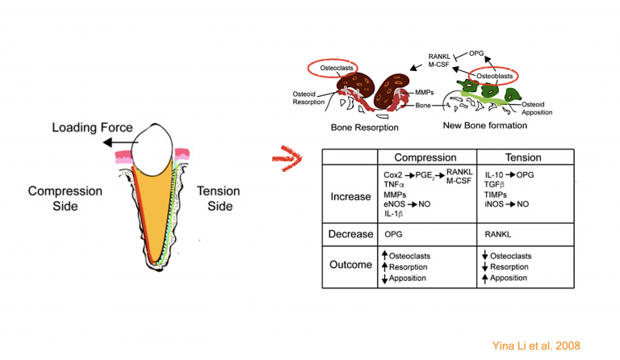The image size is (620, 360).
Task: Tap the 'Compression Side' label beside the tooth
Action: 65,199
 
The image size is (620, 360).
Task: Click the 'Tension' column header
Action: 526,157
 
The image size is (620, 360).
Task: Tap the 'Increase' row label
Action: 351,196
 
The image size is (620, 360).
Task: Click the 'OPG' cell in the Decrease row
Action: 394,233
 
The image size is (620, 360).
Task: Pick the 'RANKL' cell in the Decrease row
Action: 499,233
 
